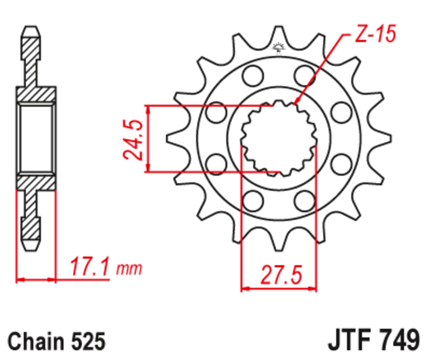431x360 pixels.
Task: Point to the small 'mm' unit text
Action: click(x=129, y=268)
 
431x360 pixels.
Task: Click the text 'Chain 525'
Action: click(x=56, y=342)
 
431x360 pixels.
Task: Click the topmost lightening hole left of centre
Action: click(x=251, y=75)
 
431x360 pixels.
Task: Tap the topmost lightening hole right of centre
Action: click(x=305, y=75)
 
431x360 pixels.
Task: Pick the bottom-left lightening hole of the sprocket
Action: click(x=251, y=200)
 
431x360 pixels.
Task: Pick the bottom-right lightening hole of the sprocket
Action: click(x=305, y=200)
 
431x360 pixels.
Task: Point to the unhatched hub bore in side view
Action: click(x=36, y=138)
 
